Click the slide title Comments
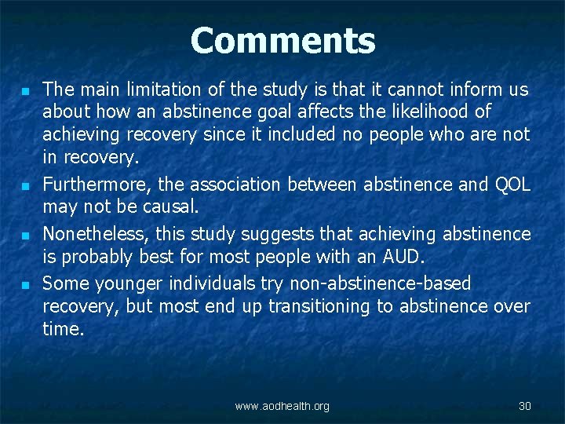[282, 41]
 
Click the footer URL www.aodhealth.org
[282, 406]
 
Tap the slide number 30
[525, 406]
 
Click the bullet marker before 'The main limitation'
[27, 91]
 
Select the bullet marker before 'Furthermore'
[27, 187]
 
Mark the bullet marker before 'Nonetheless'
[27, 236]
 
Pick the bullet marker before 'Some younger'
[27, 284]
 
